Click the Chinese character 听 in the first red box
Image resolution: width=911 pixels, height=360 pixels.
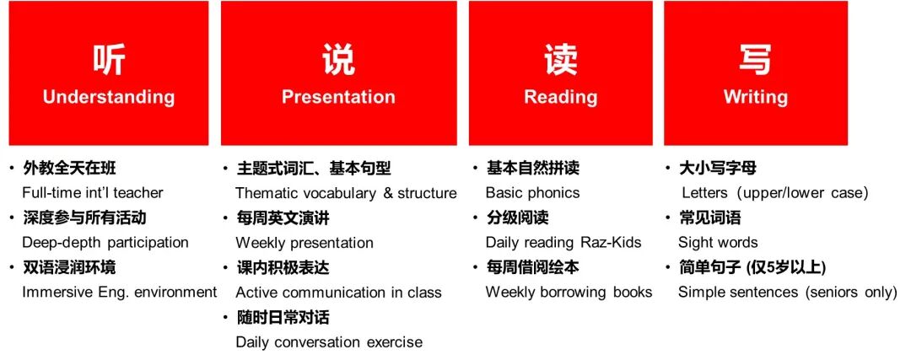click(x=109, y=59)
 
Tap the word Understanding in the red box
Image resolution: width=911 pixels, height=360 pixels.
click(x=109, y=97)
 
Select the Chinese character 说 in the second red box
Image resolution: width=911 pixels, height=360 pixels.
click(x=338, y=59)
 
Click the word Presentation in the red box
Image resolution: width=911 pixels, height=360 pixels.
click(x=338, y=97)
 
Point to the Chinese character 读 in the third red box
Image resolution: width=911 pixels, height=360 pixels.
click(x=560, y=59)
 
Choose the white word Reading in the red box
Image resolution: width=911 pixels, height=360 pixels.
click(x=560, y=97)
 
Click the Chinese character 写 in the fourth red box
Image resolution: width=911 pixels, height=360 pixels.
click(x=755, y=59)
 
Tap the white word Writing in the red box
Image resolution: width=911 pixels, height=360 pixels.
click(x=755, y=97)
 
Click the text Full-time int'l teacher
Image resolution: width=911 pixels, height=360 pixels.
click(x=93, y=193)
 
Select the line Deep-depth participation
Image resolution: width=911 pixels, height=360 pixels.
click(x=105, y=243)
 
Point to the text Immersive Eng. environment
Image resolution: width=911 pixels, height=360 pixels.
click(x=119, y=293)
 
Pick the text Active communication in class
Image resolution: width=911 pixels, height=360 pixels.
click(x=338, y=293)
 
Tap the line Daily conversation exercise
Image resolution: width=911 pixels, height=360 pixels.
click(x=329, y=342)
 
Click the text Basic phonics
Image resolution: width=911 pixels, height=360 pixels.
click(x=532, y=193)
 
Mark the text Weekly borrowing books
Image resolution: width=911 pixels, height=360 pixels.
click(x=569, y=293)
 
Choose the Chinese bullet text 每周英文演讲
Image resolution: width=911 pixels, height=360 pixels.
click(x=283, y=218)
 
